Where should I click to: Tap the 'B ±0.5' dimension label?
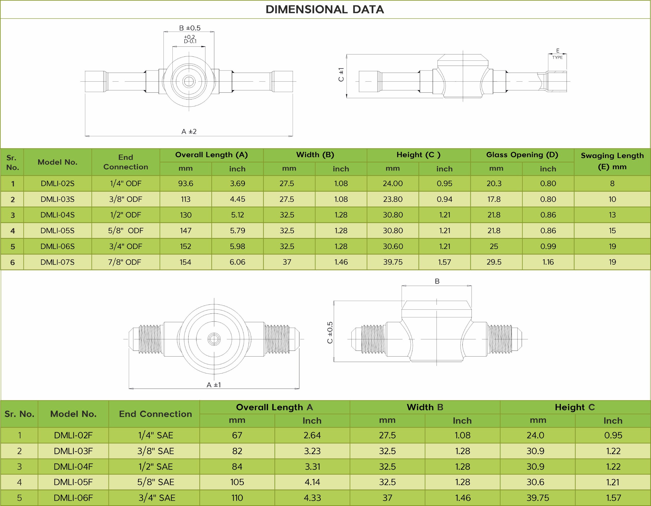coord(189,28)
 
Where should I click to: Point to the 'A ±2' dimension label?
coord(189,132)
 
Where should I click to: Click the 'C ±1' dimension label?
coord(341,75)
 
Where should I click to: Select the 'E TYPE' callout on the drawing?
coord(557,54)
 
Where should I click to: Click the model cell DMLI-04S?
coord(57,215)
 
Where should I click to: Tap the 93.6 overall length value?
coord(186,183)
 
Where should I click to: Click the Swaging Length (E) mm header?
coord(612,161)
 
